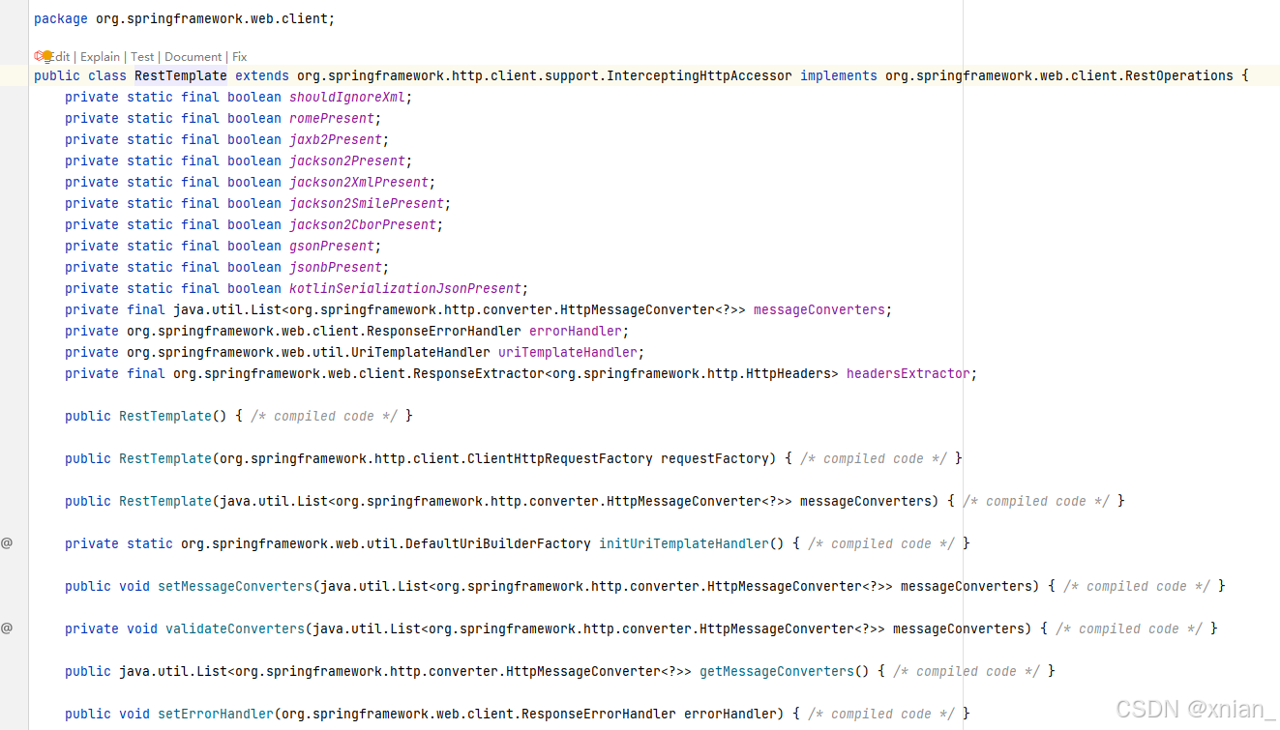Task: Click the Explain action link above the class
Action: point(100,57)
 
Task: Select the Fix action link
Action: point(239,57)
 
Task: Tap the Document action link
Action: point(193,57)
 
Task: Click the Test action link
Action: point(142,57)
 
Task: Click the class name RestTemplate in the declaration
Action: point(181,75)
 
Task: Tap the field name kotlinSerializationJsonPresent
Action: point(405,288)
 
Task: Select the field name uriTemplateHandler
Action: point(568,352)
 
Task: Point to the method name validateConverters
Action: point(235,628)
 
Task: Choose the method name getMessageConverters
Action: point(777,671)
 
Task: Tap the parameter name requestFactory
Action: point(718,458)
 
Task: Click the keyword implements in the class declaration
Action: point(839,75)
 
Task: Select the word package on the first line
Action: point(61,18)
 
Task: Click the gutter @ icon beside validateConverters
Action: point(7,628)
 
